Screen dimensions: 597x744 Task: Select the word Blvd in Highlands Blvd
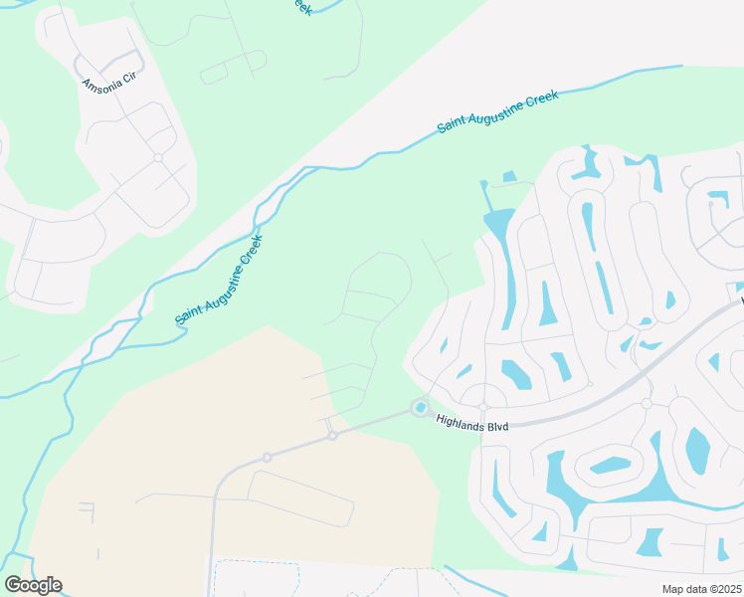coord(497,427)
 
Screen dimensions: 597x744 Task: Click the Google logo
coord(33,585)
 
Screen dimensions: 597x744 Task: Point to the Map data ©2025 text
coord(701,589)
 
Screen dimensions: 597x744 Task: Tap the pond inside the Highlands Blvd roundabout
coord(421,407)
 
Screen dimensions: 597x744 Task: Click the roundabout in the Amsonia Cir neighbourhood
coord(158,157)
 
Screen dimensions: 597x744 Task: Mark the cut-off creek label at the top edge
coord(299,6)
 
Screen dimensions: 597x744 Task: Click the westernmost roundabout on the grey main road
coord(267,457)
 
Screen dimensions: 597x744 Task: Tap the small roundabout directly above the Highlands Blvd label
coord(483,407)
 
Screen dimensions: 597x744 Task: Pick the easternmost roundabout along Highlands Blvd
coord(647,403)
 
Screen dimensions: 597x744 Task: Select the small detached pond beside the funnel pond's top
coord(509,177)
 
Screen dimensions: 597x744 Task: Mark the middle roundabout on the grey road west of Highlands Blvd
coord(332,435)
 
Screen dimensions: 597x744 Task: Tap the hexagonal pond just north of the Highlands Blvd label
coord(517,374)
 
